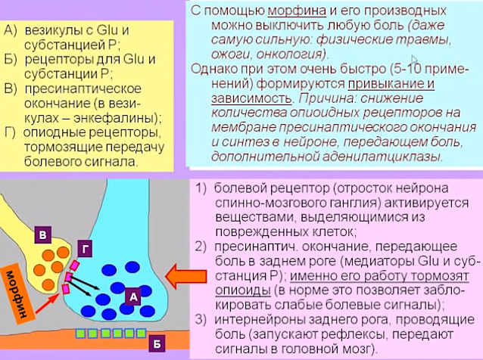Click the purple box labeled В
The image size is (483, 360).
tap(43, 234)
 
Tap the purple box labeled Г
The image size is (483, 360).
tap(85, 249)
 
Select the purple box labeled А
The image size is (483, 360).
tap(133, 296)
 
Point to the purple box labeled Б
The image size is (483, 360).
tap(157, 343)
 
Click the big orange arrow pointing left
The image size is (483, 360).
tap(185, 276)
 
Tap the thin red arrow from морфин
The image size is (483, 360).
tap(48, 303)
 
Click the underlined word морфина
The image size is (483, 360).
tap(297, 11)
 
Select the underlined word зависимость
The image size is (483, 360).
tap(251, 98)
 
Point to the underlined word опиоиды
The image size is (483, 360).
tap(243, 290)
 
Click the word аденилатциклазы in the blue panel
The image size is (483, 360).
tap(382, 157)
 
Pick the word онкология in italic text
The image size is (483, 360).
tap(291, 54)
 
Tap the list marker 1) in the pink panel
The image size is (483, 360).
tap(201, 188)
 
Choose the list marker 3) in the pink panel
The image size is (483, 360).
tap(201, 320)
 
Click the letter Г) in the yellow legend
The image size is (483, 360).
tap(10, 134)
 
